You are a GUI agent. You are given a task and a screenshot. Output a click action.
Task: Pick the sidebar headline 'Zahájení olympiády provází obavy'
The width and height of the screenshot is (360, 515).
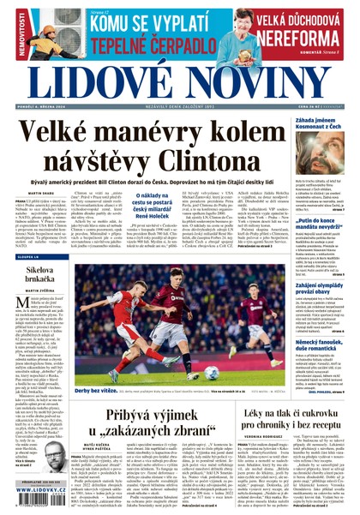click(x=319, y=264)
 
